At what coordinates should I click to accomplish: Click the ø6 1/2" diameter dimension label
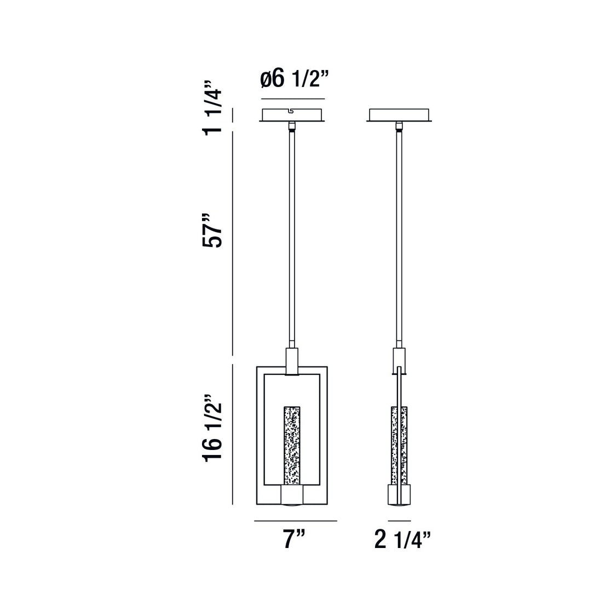point(294,79)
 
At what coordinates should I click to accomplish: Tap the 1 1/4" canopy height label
point(212,107)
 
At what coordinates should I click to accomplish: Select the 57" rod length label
point(212,230)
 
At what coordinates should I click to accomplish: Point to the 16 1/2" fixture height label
point(212,426)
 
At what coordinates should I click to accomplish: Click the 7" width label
point(294,539)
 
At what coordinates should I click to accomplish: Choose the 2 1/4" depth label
point(402,539)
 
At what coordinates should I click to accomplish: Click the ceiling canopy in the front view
point(292,115)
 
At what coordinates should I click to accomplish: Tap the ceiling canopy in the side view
point(399,115)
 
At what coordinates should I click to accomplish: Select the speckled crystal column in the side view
point(399,446)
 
